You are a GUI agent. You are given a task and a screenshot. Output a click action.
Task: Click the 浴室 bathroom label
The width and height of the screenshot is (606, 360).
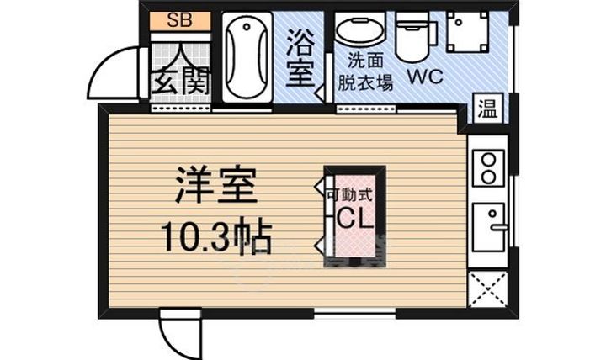[300, 58]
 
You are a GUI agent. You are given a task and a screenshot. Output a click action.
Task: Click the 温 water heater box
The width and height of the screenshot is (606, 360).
[487, 108]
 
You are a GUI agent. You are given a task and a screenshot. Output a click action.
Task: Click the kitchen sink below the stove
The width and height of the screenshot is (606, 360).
[488, 227]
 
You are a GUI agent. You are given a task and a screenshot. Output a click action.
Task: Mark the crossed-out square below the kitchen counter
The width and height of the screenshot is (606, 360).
[487, 289]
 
